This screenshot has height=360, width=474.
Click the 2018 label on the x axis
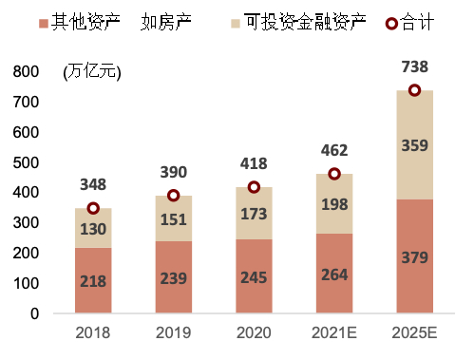[93, 333]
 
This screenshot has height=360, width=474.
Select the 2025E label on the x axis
[414, 333]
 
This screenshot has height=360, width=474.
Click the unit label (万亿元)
[92, 72]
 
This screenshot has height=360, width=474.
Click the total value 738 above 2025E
[415, 66]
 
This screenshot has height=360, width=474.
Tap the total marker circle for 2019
[173, 196]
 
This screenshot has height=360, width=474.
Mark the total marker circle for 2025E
[414, 90]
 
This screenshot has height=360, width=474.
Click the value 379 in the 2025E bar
[415, 257]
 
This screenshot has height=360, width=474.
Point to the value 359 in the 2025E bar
[415, 145]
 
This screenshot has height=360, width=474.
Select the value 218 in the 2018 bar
[93, 281]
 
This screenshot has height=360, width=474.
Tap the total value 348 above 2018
[93, 184]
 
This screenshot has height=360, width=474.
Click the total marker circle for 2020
[254, 187]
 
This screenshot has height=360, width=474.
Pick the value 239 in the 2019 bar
[174, 278]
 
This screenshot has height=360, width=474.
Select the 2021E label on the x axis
[334, 333]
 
